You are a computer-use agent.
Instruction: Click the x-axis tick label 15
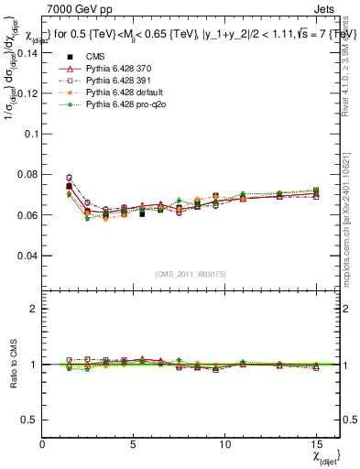pos(316,443)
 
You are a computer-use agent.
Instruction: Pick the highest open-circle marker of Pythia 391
pos(69,178)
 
